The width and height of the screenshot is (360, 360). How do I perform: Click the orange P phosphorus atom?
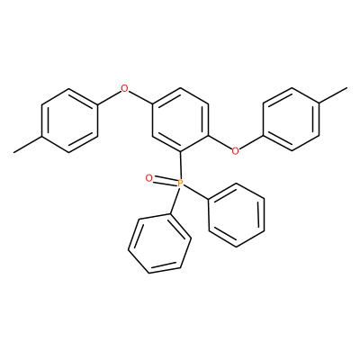(180, 183)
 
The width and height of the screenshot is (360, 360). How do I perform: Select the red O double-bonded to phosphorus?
(148, 178)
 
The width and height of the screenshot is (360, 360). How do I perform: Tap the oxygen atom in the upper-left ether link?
(124, 88)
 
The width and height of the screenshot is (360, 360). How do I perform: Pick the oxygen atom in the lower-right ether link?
(236, 150)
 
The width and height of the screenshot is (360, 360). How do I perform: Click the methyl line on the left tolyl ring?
(28, 145)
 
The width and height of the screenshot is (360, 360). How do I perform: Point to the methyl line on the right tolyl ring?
(333, 95)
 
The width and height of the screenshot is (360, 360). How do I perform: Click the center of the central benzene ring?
(180, 120)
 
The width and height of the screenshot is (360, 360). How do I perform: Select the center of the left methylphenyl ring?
(69, 121)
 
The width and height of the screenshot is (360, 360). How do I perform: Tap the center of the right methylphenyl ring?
(292, 120)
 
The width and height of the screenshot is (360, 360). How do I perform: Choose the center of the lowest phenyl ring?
(160, 244)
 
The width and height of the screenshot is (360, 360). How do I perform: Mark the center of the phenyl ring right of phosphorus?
(237, 215)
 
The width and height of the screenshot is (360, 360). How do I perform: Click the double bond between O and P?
(165, 181)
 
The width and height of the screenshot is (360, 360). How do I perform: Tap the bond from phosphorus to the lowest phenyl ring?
(175, 201)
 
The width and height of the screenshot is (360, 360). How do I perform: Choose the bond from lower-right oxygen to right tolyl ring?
(251, 142)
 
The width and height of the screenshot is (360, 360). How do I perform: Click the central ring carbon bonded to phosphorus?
(180, 152)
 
